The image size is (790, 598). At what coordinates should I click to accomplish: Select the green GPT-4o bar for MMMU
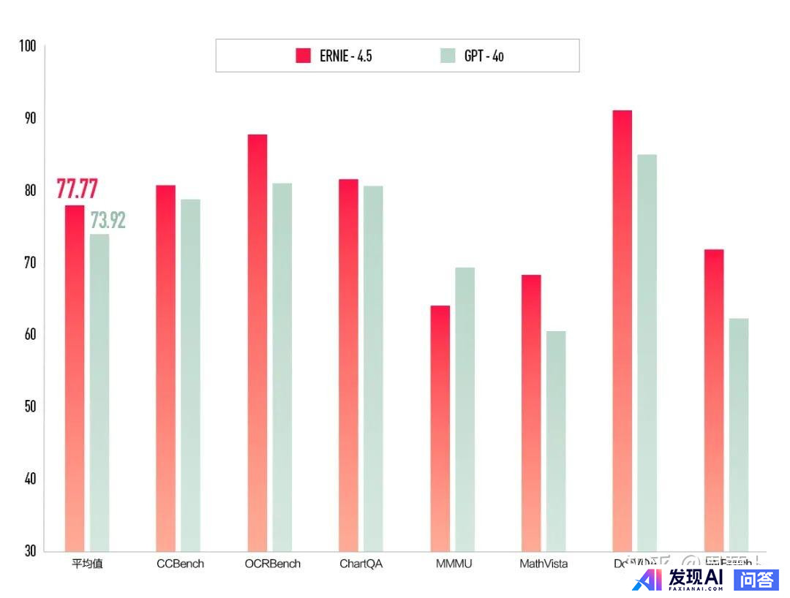click(464, 409)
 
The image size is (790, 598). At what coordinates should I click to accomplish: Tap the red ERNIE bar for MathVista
click(531, 413)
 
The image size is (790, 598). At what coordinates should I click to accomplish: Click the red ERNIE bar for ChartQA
click(349, 365)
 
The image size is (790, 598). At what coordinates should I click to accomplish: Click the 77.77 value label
click(77, 189)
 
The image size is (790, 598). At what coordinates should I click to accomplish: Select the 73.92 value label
click(108, 220)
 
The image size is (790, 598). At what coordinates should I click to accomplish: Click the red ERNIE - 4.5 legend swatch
click(304, 56)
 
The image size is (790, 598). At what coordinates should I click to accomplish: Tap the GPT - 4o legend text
click(484, 56)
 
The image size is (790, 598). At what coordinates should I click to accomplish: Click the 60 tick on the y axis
click(29, 335)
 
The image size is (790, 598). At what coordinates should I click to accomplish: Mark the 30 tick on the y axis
click(29, 550)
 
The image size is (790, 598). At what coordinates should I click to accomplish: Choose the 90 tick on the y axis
click(29, 118)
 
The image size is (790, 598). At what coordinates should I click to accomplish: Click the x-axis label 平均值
click(87, 564)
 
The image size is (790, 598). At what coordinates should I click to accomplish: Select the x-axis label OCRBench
click(272, 564)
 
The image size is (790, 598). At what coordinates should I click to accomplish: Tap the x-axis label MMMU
click(454, 564)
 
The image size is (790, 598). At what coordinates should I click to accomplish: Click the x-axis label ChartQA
click(361, 564)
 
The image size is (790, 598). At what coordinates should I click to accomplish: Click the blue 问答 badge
click(756, 580)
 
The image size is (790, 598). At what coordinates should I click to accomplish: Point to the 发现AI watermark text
click(695, 578)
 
